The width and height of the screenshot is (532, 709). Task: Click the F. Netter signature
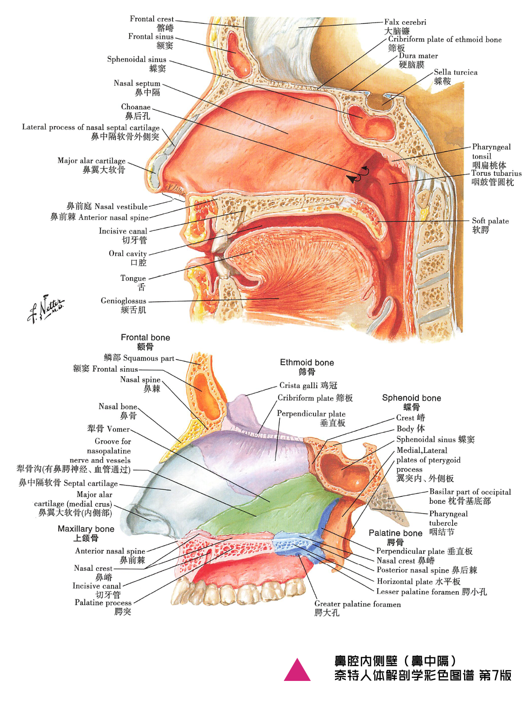45,309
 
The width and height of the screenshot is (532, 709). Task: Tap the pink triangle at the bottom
297,671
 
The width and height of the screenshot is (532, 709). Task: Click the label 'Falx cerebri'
405,22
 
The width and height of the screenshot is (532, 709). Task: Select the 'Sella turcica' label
455,72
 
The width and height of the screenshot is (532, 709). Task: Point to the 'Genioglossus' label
123,301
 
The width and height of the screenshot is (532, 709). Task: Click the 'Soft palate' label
490,221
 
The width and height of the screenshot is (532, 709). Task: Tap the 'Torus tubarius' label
496,173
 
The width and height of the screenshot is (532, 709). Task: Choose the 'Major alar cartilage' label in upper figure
91,161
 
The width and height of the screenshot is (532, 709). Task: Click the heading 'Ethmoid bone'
307,363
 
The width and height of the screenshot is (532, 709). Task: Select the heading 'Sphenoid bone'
411,398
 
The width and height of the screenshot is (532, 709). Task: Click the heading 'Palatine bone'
395,533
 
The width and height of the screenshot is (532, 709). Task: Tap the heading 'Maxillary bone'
86,529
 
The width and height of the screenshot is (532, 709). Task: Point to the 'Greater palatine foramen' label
357,604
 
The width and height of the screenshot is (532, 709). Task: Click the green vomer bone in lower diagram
276,502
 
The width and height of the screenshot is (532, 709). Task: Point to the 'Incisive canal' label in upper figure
123,231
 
